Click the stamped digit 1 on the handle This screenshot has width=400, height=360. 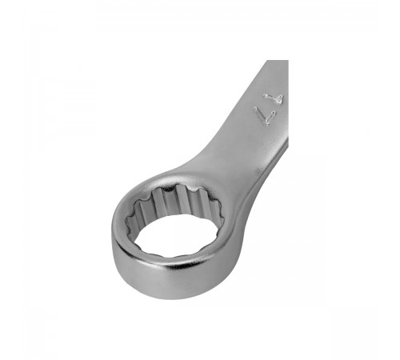(x=274, y=98)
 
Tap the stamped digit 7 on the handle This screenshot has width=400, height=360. (x=265, y=115)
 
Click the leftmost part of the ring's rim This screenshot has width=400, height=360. (x=113, y=234)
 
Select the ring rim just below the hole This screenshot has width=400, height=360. (x=174, y=262)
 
